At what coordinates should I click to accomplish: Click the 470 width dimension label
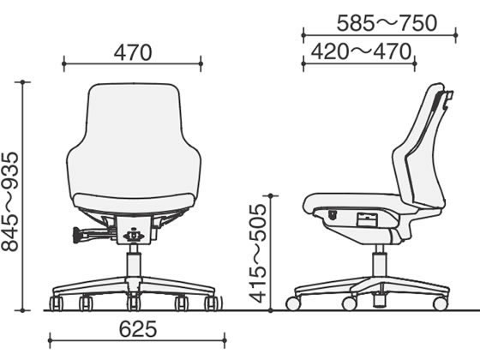[133, 52]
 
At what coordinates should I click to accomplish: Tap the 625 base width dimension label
[138, 329]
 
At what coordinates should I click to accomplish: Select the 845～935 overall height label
[10, 201]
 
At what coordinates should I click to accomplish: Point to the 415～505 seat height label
[258, 254]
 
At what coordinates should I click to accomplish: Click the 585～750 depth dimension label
[387, 23]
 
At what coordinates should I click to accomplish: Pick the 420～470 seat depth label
[361, 51]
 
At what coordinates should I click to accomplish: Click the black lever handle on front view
[77, 235]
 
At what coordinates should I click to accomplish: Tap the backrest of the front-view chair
[134, 139]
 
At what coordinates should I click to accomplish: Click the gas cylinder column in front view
[134, 261]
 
